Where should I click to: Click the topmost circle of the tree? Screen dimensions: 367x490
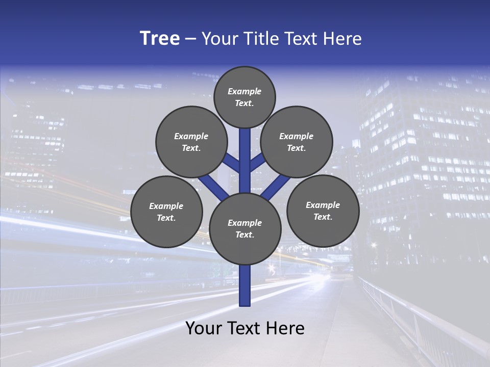[x=244, y=97]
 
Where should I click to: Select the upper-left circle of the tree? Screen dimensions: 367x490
[x=191, y=142]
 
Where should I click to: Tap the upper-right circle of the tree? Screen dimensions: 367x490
[x=297, y=142]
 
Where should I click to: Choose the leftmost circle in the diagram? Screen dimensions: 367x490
[x=166, y=212]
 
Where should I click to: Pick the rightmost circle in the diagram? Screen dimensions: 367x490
[x=323, y=211]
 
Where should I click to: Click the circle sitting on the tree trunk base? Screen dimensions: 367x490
[x=245, y=229]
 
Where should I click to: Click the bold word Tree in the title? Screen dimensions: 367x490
[x=160, y=38]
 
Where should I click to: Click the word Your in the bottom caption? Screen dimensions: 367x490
[x=204, y=328]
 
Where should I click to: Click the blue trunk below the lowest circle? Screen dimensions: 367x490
[x=245, y=285]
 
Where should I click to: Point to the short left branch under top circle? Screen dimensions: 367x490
[x=232, y=164]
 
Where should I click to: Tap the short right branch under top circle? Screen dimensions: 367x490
[x=257, y=163]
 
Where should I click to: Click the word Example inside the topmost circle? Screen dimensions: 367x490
[x=244, y=91]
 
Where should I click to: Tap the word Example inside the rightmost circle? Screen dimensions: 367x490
[x=323, y=205]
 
